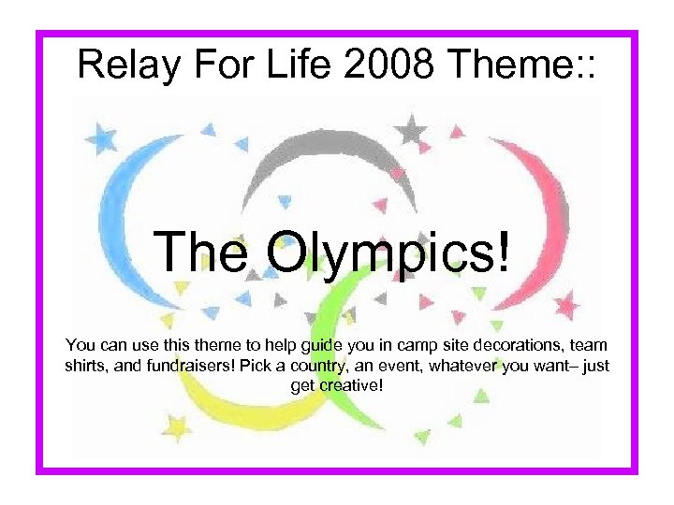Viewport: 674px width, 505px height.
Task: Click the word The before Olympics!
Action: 202,252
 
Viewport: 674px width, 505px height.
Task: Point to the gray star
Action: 409,129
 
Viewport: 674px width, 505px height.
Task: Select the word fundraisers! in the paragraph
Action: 191,366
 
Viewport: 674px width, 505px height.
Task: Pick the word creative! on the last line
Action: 348,384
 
